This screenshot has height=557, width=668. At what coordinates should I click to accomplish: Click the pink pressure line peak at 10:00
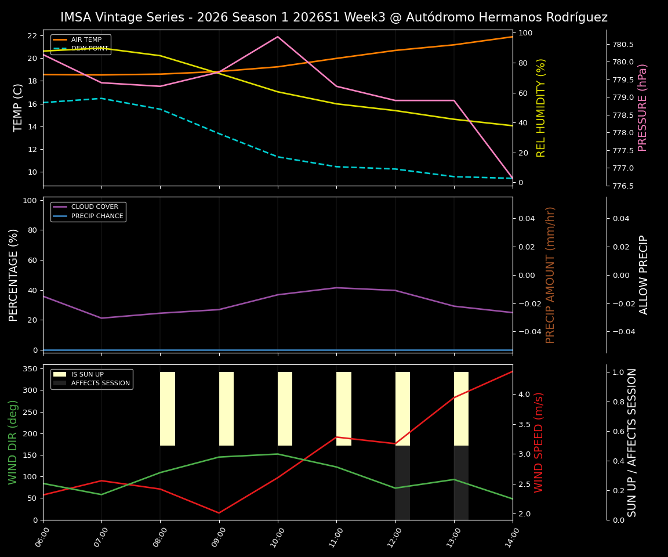tap(278, 37)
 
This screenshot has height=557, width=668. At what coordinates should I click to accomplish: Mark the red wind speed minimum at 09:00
tap(219, 513)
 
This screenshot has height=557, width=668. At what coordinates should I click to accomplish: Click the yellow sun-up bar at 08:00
tap(168, 408)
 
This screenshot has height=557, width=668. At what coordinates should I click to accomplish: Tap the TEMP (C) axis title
tap(19, 107)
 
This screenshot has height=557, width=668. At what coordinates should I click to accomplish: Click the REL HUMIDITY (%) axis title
tap(542, 107)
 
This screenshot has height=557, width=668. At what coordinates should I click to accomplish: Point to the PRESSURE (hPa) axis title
tap(642, 107)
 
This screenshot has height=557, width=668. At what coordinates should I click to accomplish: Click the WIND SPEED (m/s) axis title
tap(539, 442)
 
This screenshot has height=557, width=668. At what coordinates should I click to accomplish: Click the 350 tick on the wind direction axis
tap(31, 369)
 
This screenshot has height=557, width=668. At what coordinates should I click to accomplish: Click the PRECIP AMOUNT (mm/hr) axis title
tap(551, 274)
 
